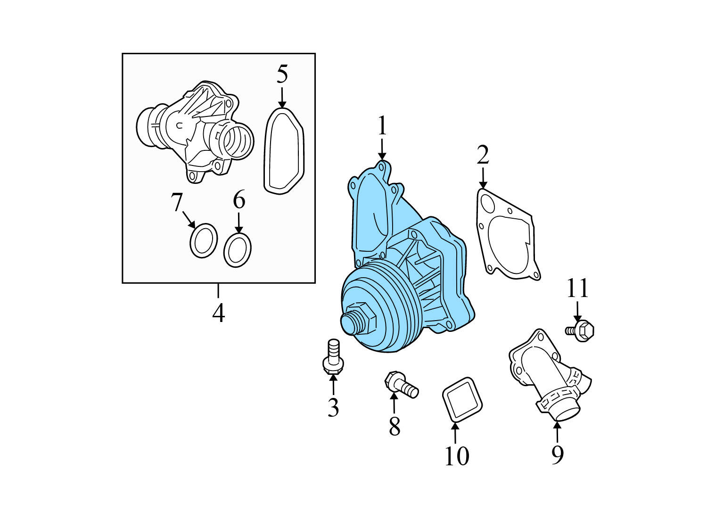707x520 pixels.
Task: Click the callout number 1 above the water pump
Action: click(x=382, y=126)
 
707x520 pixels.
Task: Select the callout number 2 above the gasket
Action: click(x=483, y=155)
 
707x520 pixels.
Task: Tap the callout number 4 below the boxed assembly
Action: click(x=218, y=313)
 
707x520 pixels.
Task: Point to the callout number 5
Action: click(x=282, y=74)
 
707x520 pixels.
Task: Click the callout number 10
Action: click(x=456, y=456)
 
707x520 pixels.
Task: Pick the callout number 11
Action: click(x=577, y=288)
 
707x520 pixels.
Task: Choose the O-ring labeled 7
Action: click(x=204, y=240)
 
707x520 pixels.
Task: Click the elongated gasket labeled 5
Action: click(x=282, y=151)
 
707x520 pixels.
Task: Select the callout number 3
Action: click(x=333, y=408)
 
